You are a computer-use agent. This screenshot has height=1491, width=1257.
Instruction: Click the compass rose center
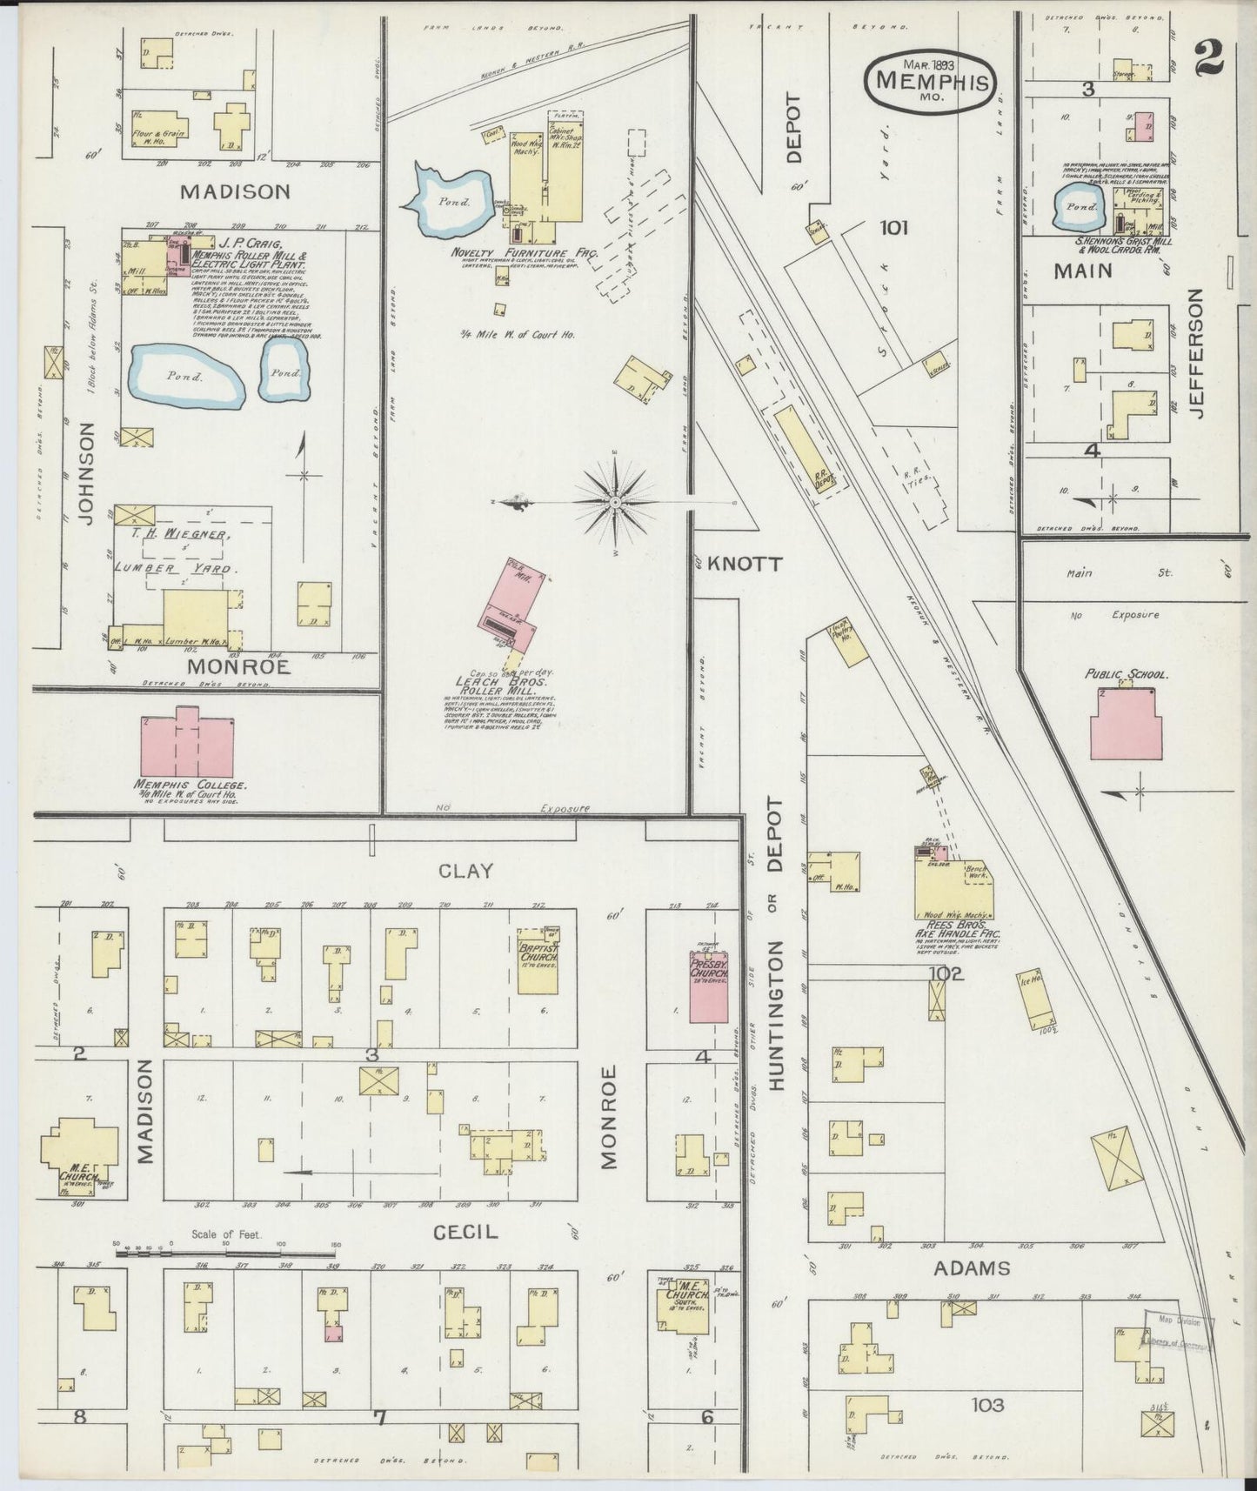pyautogui.click(x=616, y=503)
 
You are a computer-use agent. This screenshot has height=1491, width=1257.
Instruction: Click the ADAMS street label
pyautogui.click(x=971, y=1267)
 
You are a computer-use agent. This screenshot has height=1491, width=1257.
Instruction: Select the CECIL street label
pyautogui.click(x=465, y=1232)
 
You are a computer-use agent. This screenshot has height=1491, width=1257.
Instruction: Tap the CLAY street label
pyautogui.click(x=465, y=870)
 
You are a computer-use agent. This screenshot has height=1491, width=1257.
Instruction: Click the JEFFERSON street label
pyautogui.click(x=1198, y=354)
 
